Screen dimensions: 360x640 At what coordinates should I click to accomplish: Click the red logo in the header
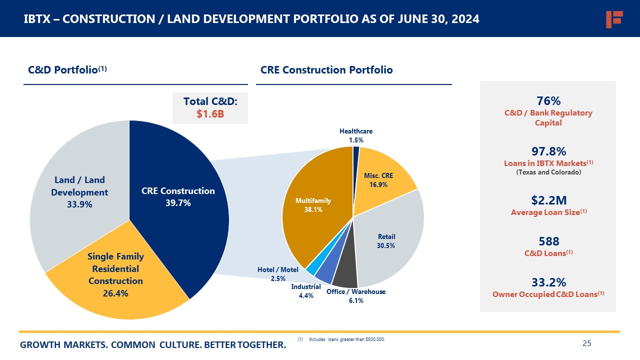pyautogui.click(x=613, y=19)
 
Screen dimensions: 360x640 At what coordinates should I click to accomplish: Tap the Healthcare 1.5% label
pyautogui.click(x=356, y=135)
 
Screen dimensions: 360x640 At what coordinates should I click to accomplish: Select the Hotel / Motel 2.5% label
pyautogui.click(x=278, y=274)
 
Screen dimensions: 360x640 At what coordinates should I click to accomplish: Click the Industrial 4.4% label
pyautogui.click(x=306, y=291)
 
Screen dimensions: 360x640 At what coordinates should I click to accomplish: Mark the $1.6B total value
pyautogui.click(x=210, y=114)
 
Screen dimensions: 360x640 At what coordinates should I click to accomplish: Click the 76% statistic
pyautogui.click(x=548, y=100)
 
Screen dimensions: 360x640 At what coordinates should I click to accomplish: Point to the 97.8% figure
pyautogui.click(x=548, y=151)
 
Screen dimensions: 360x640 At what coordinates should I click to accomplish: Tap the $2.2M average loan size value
pyautogui.click(x=548, y=200)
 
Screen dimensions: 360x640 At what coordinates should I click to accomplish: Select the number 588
pyautogui.click(x=548, y=241)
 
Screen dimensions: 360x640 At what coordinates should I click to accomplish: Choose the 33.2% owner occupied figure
pyautogui.click(x=548, y=282)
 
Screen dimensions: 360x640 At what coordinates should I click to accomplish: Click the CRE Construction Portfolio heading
pyautogui.click(x=326, y=70)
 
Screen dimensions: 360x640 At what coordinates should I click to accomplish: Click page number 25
pyautogui.click(x=587, y=343)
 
